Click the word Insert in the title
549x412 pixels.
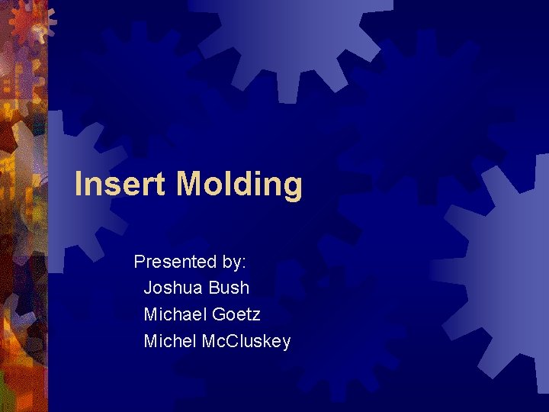coord(121,184)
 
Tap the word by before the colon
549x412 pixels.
coord(232,262)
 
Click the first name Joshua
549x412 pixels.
coord(173,288)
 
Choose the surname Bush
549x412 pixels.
coord(229,288)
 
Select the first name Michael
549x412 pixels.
coord(175,314)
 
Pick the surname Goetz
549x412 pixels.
coord(236,314)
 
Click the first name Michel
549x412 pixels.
coord(170,341)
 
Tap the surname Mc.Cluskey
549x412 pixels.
coord(246,341)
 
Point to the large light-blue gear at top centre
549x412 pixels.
coord(282,38)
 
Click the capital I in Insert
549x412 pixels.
coord(79,184)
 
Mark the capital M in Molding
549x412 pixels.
coord(190,184)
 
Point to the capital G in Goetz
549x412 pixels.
coord(220,314)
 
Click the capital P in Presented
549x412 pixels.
coord(140,262)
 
